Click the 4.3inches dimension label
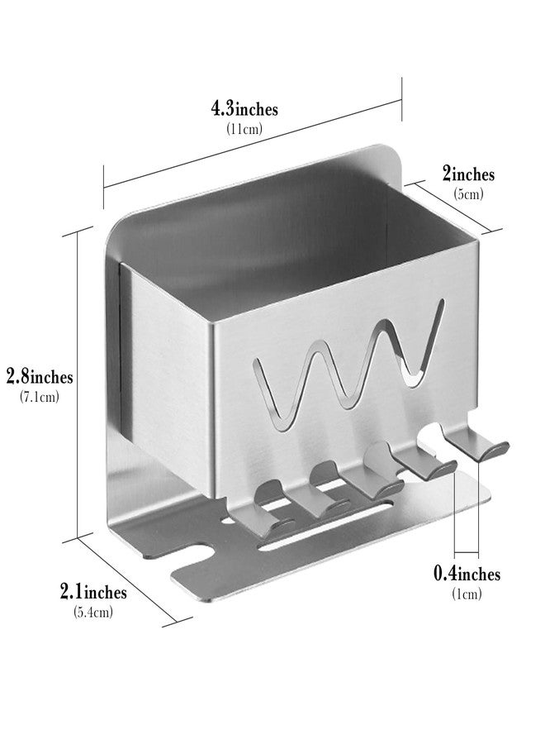[x=244, y=108]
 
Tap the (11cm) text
[x=244, y=128]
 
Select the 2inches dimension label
[x=468, y=174]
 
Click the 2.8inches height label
[x=40, y=377]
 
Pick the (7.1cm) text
[x=40, y=397]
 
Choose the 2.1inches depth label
[x=92, y=592]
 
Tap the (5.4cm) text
[x=92, y=612]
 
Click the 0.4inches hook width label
[x=467, y=574]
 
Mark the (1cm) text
[x=467, y=594]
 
